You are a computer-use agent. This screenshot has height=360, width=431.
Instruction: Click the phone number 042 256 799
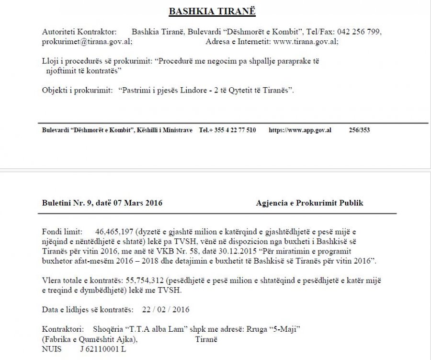[359, 32]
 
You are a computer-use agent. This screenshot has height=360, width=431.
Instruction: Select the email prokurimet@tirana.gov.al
[87, 42]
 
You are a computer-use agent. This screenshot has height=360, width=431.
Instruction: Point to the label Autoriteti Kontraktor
[79, 32]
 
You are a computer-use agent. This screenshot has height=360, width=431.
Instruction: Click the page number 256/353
[360, 130]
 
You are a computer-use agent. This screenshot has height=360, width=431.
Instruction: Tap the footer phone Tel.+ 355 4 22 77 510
[227, 130]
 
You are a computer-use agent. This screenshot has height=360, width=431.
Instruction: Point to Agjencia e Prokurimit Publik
[309, 203]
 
